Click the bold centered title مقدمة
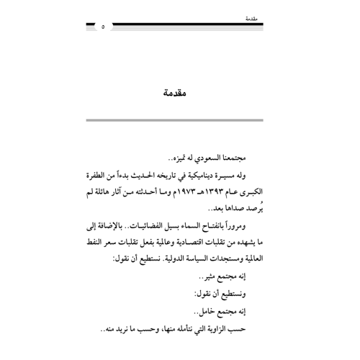(180, 93)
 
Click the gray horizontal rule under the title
(179, 118)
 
